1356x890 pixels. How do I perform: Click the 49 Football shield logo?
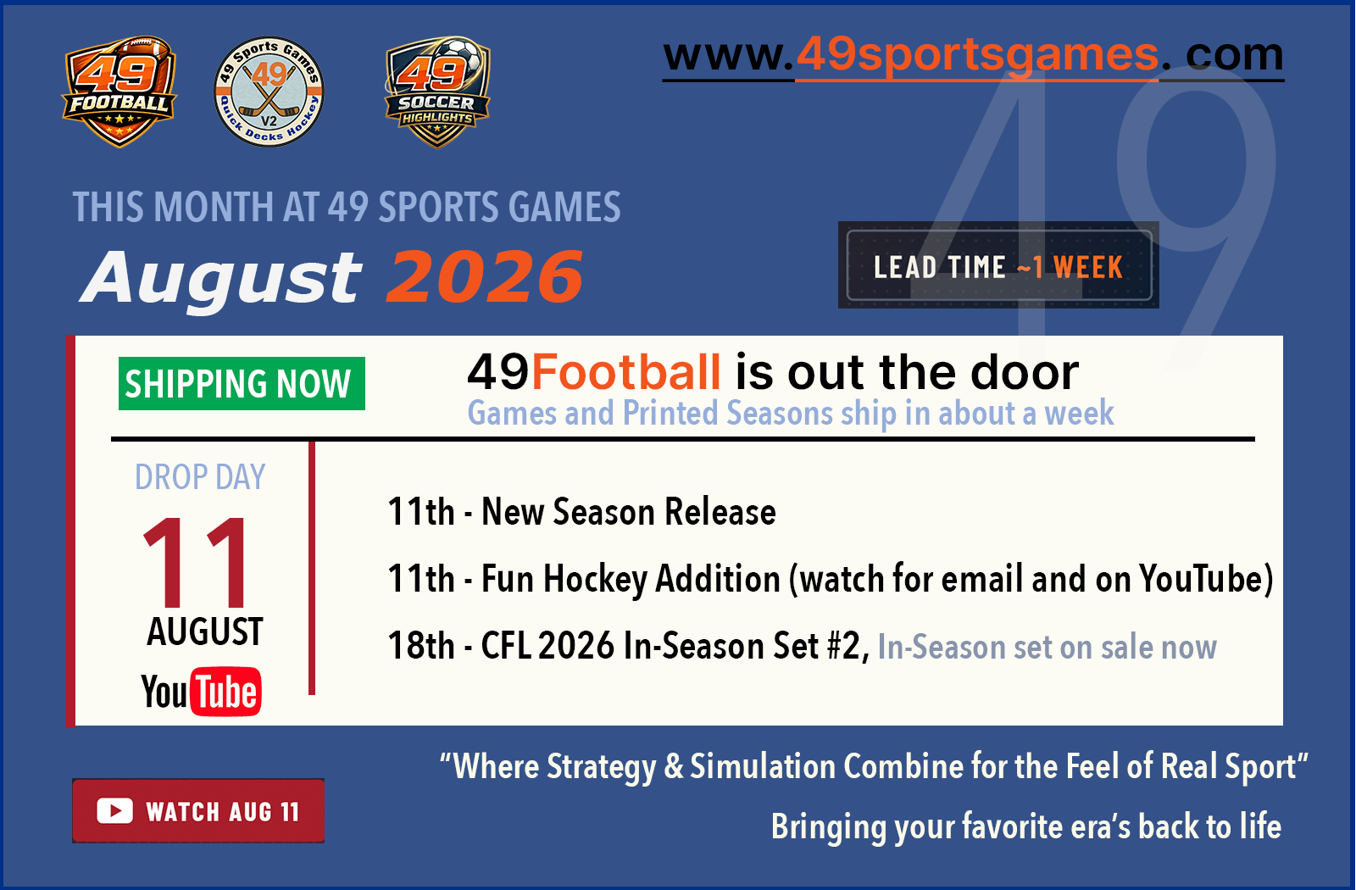coord(119,92)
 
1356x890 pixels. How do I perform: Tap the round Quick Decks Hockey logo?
coord(269,92)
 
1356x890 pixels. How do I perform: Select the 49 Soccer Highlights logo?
coord(437,92)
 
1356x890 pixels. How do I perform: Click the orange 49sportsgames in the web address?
coord(977,55)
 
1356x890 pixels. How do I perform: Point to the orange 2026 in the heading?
coord(485,277)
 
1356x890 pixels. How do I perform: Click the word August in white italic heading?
coord(221,280)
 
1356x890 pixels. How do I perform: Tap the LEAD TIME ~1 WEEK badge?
coord(998,265)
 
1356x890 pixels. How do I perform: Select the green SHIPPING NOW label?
coord(242,383)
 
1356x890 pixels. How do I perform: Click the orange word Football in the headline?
coord(626,372)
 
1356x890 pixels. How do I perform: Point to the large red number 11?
coord(195,562)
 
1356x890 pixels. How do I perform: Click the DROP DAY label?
coord(200,477)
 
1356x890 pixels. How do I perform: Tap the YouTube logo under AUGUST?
coord(201,692)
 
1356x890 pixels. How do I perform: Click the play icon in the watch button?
coord(114,811)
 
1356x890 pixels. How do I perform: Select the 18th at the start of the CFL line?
coord(421,645)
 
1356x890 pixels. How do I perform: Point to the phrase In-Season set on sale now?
coord(1047,648)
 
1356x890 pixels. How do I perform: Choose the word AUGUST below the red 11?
coord(204,632)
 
